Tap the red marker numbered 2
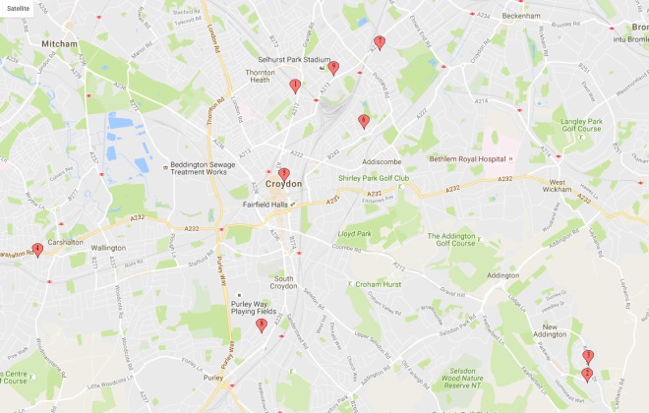coord(587,373)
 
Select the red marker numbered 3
coord(588,355)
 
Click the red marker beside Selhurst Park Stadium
coord(334,67)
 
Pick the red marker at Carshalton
coord(37,249)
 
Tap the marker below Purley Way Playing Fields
coord(262,324)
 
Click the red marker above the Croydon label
coord(284,173)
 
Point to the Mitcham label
coord(58,44)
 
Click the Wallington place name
coord(109,248)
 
